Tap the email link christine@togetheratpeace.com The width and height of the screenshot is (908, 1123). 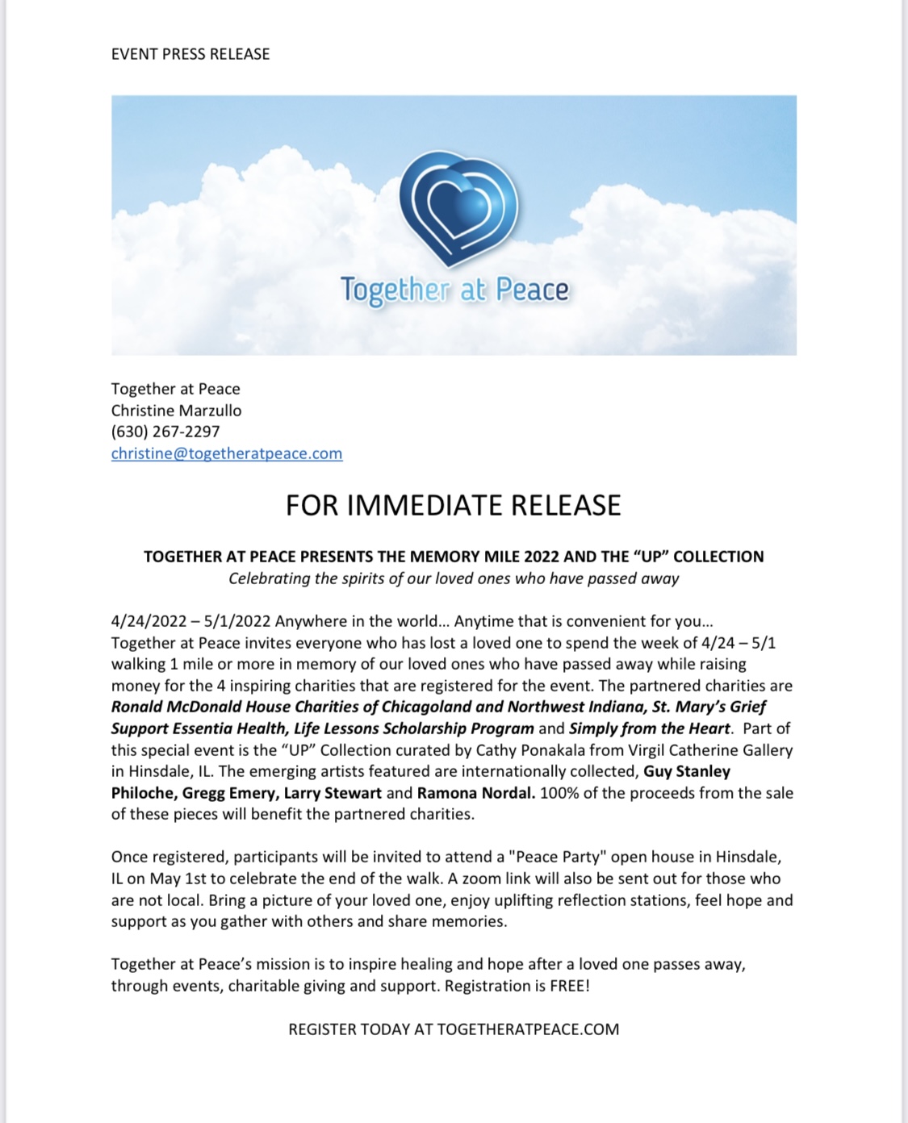227,453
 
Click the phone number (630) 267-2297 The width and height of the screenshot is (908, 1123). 165,432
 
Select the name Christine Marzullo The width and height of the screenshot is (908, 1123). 176,410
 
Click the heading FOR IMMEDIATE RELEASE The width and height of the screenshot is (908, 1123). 454,505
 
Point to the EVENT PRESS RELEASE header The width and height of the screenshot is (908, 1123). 190,54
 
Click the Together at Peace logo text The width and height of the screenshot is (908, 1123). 454,290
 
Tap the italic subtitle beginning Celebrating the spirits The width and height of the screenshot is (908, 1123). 454,578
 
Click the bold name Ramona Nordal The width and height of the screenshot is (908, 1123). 475,793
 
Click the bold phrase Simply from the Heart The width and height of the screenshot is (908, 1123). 650,728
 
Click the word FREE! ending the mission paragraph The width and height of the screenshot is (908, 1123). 570,986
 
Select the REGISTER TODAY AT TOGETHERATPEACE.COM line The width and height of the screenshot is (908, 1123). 454,1029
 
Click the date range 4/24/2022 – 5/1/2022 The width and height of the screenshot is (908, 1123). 190,621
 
